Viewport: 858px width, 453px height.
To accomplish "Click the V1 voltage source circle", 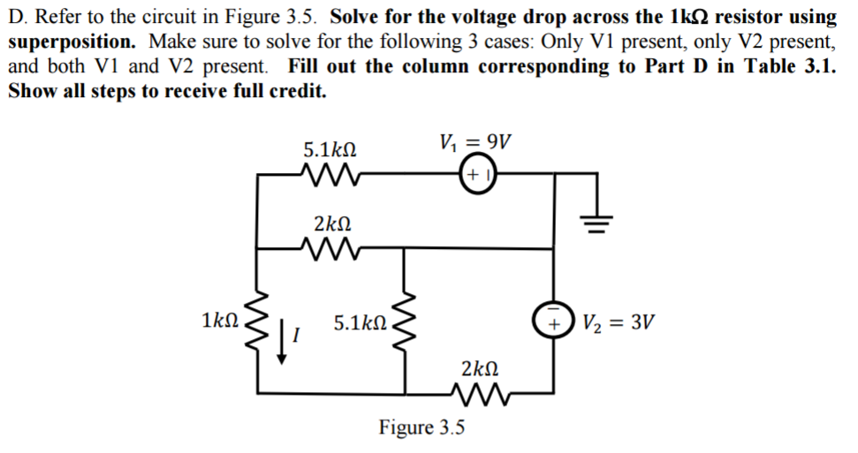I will tap(477, 175).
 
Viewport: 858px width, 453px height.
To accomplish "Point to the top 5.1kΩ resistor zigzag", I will tap(330, 175).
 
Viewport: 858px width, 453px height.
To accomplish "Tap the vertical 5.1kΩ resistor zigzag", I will tap(407, 322).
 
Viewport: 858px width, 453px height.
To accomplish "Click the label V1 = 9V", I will tap(475, 142).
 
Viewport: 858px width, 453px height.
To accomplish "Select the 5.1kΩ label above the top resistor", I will tap(330, 147).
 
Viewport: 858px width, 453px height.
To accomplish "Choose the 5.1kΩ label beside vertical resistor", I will tap(360, 322).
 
